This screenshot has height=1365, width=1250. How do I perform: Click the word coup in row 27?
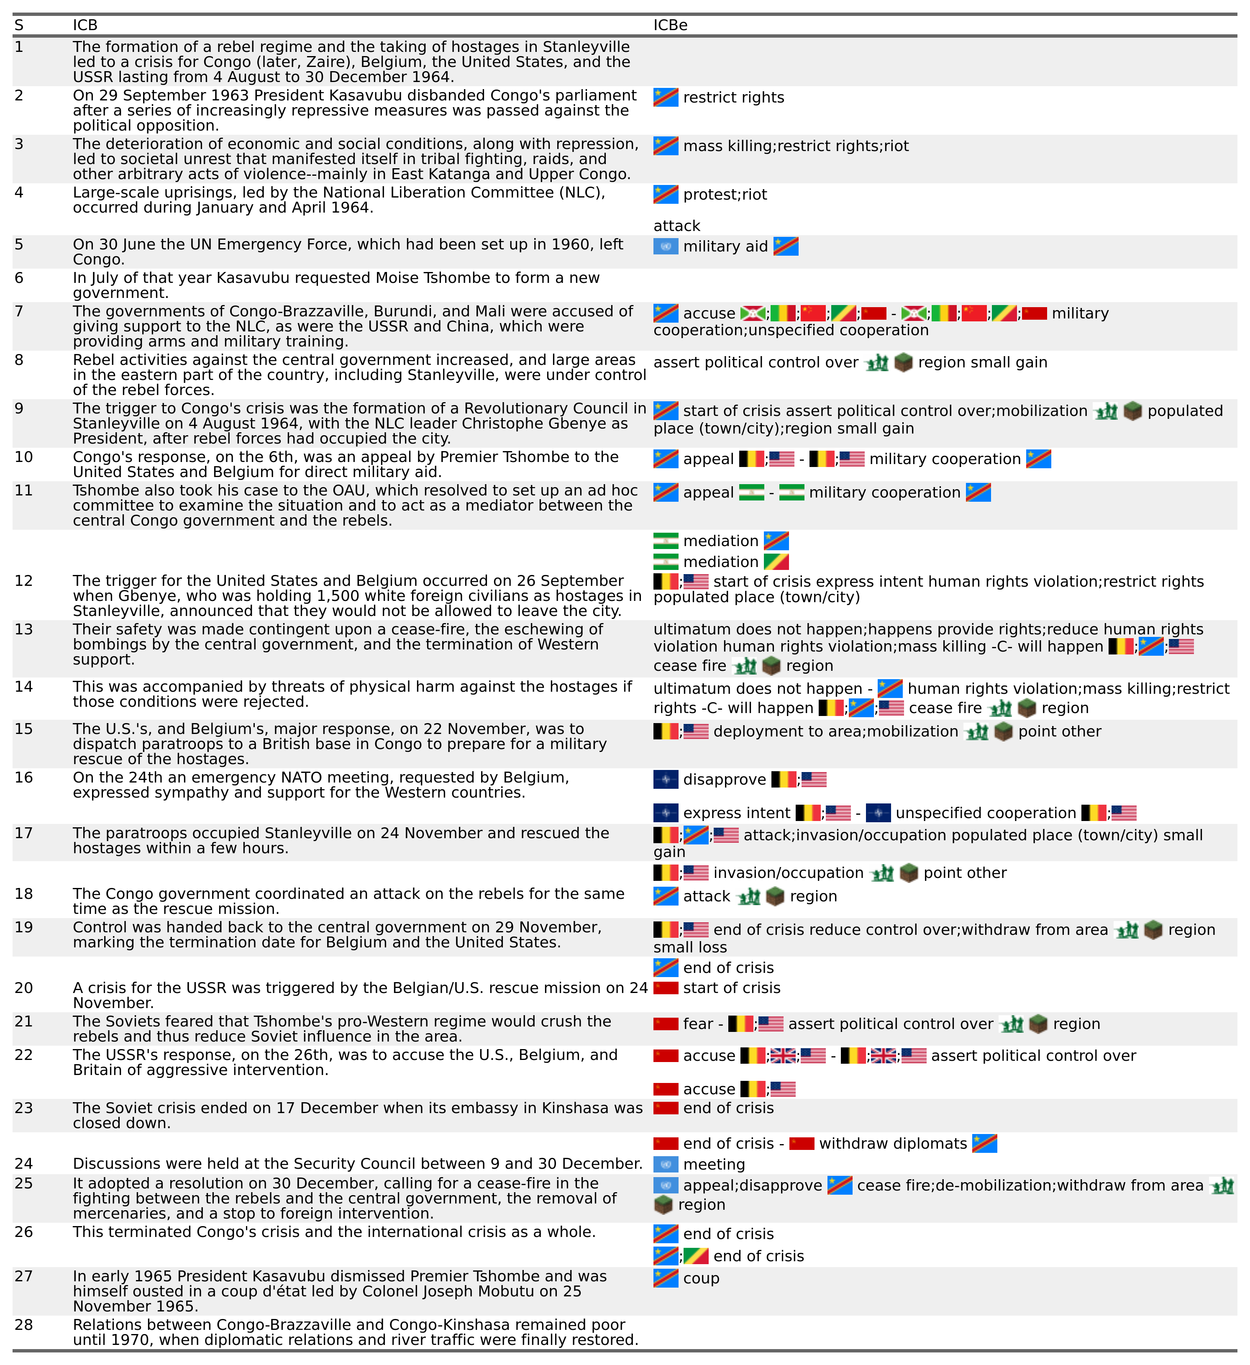[x=701, y=1278]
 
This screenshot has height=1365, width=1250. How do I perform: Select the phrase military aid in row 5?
[x=725, y=246]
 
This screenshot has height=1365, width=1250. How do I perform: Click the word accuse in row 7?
[x=709, y=313]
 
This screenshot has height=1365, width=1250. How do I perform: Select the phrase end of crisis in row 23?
[x=728, y=1108]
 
